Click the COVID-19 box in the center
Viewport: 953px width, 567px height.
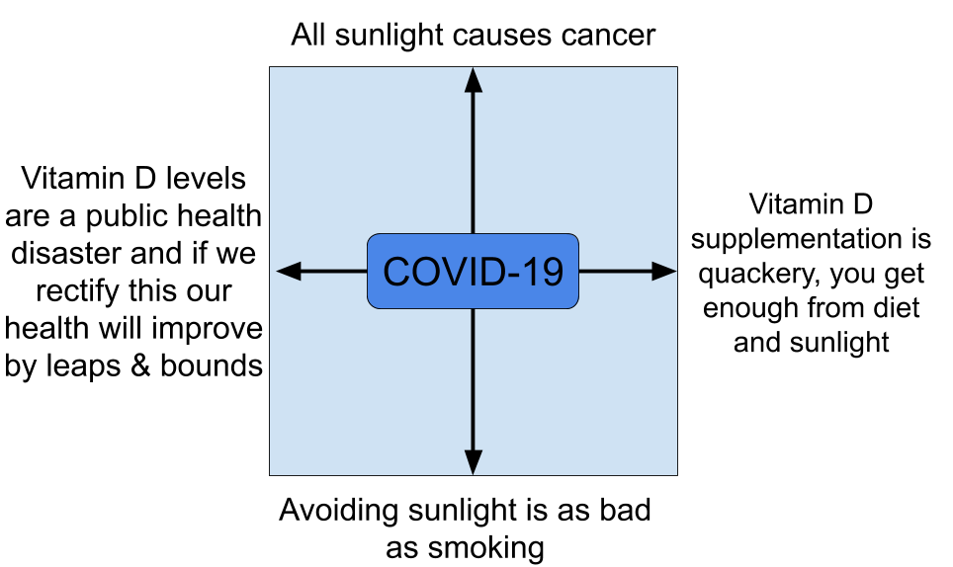[473, 272]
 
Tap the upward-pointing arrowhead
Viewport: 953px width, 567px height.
[473, 81]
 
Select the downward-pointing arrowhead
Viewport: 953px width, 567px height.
[473, 461]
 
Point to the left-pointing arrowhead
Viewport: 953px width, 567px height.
[290, 271]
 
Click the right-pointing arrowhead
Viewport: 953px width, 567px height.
[663, 271]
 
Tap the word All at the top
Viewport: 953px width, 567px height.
[308, 35]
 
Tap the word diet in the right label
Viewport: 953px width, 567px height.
[896, 307]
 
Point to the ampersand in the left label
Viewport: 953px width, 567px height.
[140, 366]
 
